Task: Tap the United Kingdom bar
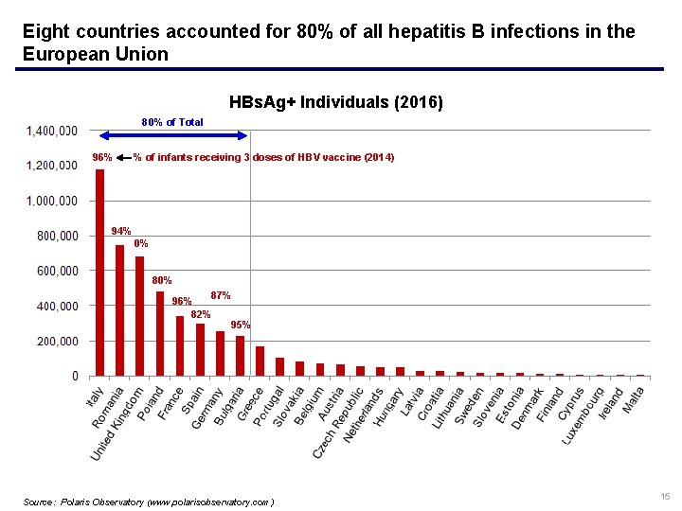coord(140,316)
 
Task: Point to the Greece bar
coord(260,361)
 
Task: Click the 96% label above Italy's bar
coord(101,157)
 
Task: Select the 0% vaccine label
coord(141,243)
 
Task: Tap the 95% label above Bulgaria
coord(241,325)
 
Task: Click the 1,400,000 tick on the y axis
coord(51,131)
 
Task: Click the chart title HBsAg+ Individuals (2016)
coord(335,101)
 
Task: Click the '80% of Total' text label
coord(172,122)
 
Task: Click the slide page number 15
coord(665,497)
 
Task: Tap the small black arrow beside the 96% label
coord(123,157)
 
